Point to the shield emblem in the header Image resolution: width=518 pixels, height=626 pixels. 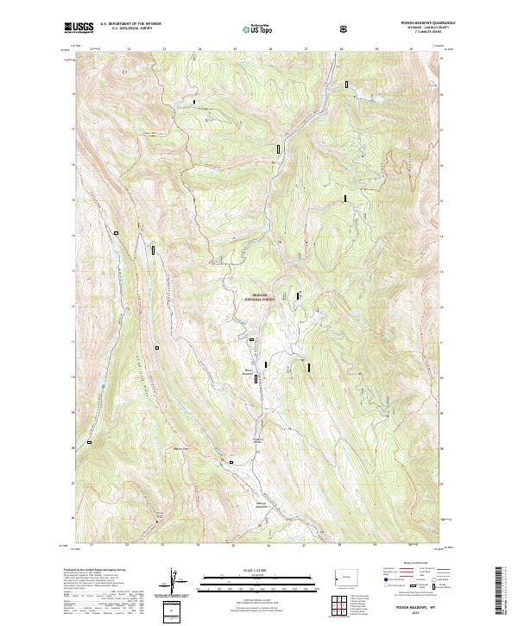pos(345,29)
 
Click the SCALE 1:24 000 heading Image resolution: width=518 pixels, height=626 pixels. pos(258,571)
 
